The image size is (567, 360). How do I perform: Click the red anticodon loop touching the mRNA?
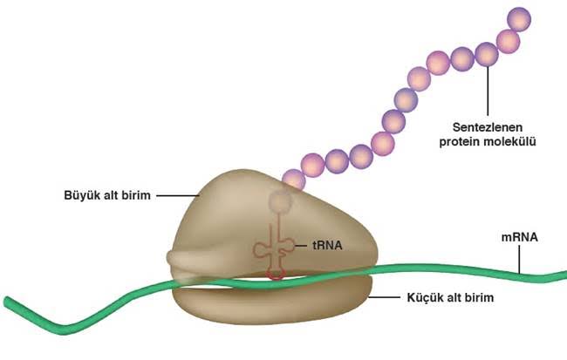pyautogui.click(x=276, y=273)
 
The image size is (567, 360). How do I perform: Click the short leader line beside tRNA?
pyautogui.click(x=304, y=246)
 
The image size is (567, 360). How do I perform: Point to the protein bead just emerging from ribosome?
pyautogui.click(x=293, y=180)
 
